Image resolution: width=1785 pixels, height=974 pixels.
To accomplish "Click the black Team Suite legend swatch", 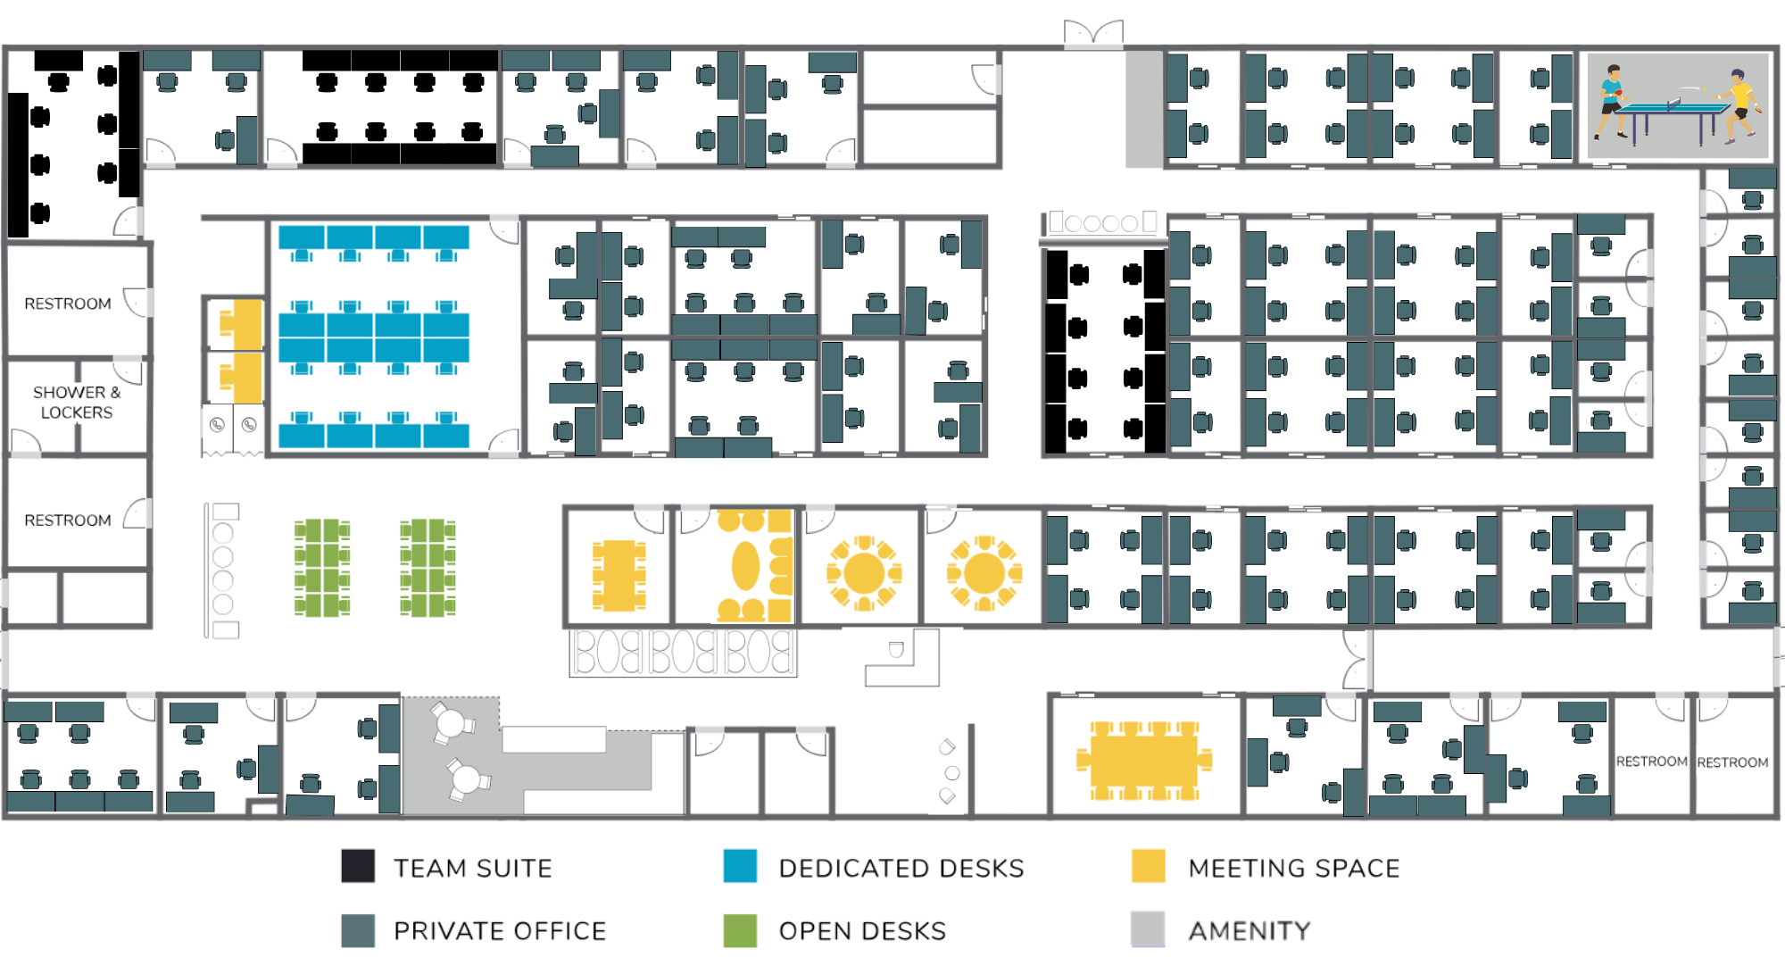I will point(358,866).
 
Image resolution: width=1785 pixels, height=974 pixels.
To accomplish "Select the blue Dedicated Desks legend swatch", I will point(740,866).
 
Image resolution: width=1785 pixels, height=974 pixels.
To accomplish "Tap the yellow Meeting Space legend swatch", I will point(1148,866).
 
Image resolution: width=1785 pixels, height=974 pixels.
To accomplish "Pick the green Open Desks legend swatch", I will point(740,930).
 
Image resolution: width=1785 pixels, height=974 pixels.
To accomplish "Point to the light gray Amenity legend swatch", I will point(1148,929).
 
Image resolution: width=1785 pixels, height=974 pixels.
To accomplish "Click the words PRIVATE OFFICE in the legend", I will point(500,931).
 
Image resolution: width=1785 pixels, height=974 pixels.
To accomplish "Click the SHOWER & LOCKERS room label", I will point(77,403).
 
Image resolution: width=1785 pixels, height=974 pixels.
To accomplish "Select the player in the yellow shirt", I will point(1739,104).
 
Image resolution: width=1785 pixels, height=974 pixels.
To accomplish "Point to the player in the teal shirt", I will point(1611,98).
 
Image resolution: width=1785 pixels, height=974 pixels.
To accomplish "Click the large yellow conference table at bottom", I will point(1144,760).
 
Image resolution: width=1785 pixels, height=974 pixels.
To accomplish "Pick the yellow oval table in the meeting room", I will point(745,566).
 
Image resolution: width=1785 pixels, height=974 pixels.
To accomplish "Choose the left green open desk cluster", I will point(322,568).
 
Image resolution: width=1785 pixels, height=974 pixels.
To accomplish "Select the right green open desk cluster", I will point(428,568).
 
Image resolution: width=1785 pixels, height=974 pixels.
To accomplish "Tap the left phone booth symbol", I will point(217,425).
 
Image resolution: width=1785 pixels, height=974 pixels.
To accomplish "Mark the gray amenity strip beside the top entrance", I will point(1143,109).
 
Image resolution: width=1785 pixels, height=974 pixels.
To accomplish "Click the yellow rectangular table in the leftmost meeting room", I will point(619,575).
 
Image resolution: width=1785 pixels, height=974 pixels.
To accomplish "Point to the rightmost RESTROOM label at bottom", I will point(1732,762).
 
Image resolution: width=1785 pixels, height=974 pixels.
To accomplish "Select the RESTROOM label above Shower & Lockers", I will point(68,304).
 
